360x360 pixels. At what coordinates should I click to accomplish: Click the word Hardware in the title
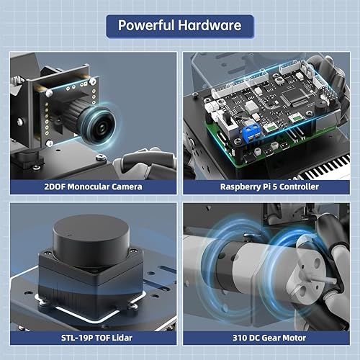(x=212, y=26)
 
